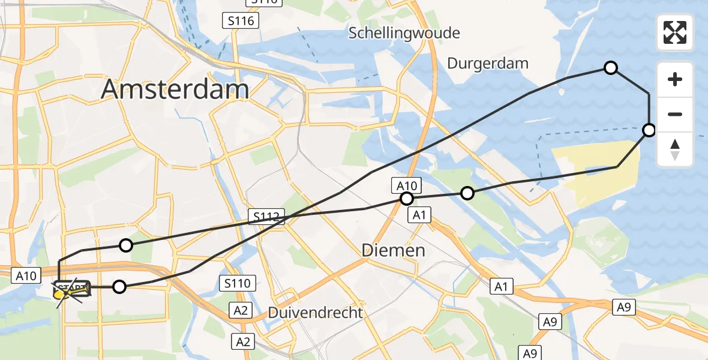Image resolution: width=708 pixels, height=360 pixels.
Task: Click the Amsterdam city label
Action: tap(175, 89)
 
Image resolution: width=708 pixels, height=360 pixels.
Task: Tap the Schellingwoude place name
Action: tap(405, 32)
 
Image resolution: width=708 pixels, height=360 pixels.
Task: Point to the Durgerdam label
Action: tap(488, 63)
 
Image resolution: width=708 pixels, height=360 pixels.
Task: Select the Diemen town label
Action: tap(394, 250)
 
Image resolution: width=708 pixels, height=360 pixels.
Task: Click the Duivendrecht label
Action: tap(316, 312)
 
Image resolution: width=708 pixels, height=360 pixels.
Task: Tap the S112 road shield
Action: tap(266, 217)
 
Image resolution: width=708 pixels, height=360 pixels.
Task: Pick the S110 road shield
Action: tap(238, 283)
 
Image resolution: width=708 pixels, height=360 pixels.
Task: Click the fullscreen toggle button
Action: tap(675, 32)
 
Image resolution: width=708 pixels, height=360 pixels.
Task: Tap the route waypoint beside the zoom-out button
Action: tap(649, 130)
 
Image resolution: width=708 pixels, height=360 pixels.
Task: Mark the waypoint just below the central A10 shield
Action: tap(407, 199)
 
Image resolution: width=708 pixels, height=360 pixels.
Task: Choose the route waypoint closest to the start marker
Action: tap(119, 287)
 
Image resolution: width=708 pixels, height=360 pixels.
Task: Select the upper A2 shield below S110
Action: tap(241, 310)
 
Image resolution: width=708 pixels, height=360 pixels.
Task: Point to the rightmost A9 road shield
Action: tap(623, 307)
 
